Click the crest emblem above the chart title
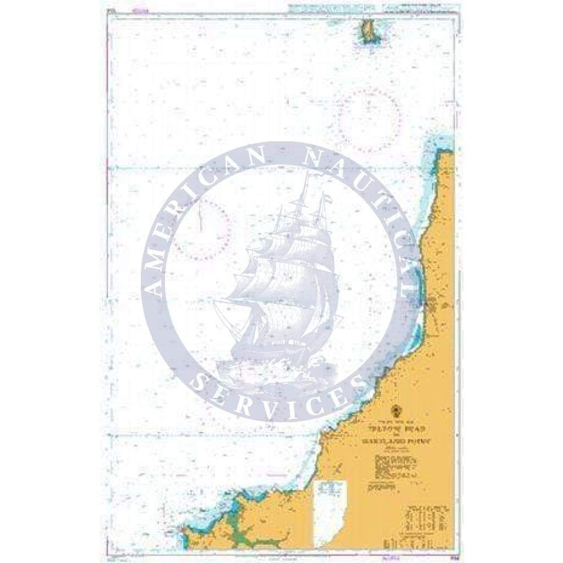(394, 411)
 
